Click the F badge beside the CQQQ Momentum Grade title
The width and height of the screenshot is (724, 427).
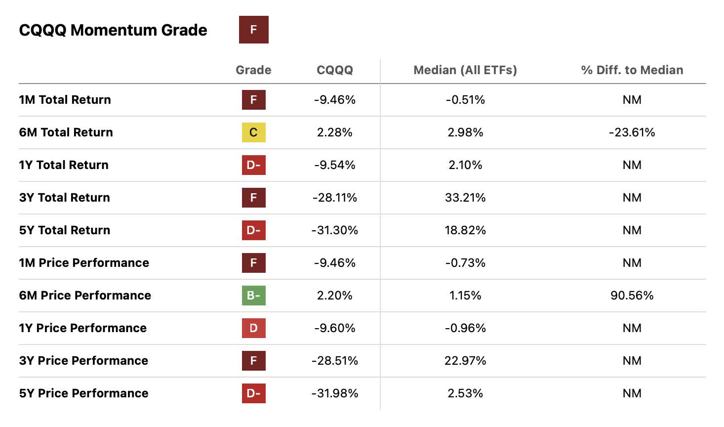coord(253,30)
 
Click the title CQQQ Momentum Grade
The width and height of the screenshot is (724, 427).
coord(113,30)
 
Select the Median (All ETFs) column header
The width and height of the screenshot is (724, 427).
coord(465,70)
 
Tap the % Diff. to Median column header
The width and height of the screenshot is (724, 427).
coord(632,70)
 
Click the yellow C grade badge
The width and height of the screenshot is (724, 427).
coord(253,132)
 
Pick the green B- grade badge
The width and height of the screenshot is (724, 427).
coord(253,296)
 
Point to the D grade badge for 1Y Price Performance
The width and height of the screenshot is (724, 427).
coord(253,328)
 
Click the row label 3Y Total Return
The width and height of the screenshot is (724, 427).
coord(64,198)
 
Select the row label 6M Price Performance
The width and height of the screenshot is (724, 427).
coord(85,296)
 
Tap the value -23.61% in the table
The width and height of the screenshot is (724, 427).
coord(632,132)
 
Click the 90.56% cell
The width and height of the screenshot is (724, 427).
coord(632,296)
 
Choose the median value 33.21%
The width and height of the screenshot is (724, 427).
coord(465,198)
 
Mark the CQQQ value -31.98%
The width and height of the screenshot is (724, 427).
coord(334,393)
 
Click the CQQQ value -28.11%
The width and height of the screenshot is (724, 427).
coord(334,198)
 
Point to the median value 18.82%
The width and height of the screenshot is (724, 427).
coord(465,230)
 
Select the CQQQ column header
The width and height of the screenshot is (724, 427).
coord(334,70)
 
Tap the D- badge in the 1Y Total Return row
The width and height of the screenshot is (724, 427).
coord(253,165)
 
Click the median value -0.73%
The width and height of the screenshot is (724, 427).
coord(465,263)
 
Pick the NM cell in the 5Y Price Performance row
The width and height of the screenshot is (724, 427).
coord(632,393)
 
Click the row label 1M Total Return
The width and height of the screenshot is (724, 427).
coord(65,100)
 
